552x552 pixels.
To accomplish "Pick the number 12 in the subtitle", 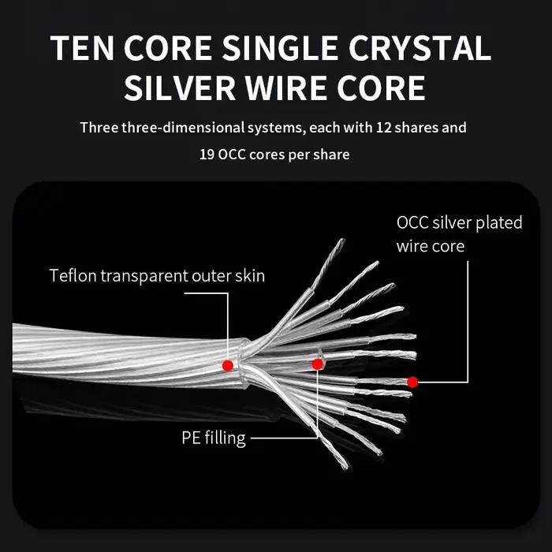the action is pyautogui.click(x=384, y=128).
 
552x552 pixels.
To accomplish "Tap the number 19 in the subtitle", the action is pyautogui.click(x=207, y=155).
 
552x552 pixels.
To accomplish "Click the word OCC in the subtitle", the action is pyautogui.click(x=231, y=155).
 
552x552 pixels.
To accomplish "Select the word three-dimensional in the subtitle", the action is pyautogui.click(x=183, y=128).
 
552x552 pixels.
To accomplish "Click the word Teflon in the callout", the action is pyautogui.click(x=73, y=275).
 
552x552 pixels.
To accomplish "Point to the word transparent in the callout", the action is pyautogui.click(x=144, y=276).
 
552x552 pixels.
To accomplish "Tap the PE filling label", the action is pyautogui.click(x=214, y=438).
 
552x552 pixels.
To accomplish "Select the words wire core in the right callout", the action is pyautogui.click(x=431, y=246).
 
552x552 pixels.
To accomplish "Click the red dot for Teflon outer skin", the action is pyautogui.click(x=228, y=365).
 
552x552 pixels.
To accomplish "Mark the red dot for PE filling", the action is pyautogui.click(x=318, y=364).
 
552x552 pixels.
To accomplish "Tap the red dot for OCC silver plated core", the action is pyautogui.click(x=412, y=382).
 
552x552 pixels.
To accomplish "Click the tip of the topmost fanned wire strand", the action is pyautogui.click(x=343, y=240).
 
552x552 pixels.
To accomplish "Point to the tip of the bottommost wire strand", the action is pyautogui.click(x=346, y=468).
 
